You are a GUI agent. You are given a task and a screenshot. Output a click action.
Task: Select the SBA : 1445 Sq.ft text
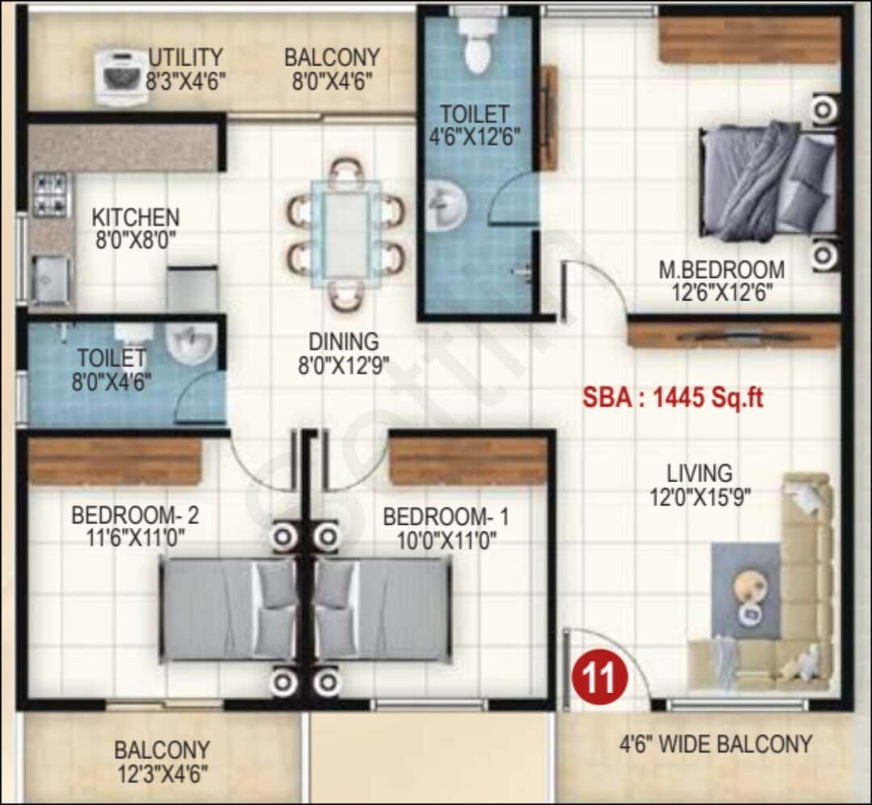(x=673, y=398)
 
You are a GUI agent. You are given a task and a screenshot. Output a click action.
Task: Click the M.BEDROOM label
(x=721, y=269)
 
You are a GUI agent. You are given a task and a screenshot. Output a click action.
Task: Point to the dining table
(x=346, y=232)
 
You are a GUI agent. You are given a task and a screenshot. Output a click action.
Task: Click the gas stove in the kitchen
(x=51, y=195)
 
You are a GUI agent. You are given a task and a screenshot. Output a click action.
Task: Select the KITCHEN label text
(x=135, y=217)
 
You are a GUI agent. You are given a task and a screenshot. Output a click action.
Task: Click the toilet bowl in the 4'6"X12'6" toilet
(x=476, y=48)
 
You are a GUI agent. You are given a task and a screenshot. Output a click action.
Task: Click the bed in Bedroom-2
(x=228, y=609)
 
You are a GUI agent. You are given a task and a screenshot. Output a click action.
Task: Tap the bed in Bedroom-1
(x=381, y=609)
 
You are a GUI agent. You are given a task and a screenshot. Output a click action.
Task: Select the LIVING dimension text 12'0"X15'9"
(x=700, y=497)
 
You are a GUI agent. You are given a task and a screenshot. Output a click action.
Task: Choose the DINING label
(x=343, y=341)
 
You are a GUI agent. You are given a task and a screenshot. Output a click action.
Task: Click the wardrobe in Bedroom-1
(x=468, y=461)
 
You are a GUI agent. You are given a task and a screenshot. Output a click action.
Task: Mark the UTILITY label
(x=185, y=58)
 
